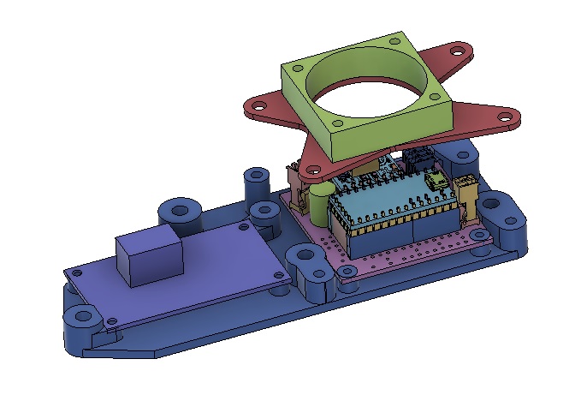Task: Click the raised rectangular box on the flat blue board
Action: coord(151,256)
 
